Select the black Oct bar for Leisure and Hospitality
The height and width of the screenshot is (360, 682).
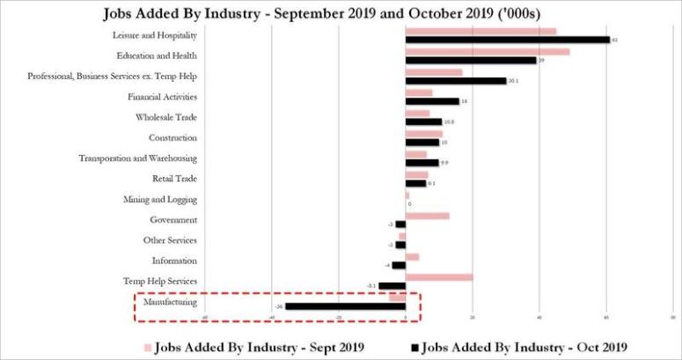pyautogui.click(x=508, y=40)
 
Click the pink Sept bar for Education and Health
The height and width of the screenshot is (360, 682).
pyautogui.click(x=488, y=52)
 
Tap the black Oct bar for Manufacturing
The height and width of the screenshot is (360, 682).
pyautogui.click(x=345, y=306)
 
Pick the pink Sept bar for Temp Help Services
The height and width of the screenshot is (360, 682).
pyautogui.click(x=439, y=276)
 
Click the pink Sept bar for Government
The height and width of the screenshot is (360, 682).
pyautogui.click(x=428, y=216)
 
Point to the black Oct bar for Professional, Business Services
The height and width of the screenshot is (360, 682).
pyautogui.click(x=456, y=81)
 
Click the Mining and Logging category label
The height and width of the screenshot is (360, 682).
pyautogui.click(x=165, y=200)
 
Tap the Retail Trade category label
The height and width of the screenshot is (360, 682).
pyautogui.click(x=174, y=179)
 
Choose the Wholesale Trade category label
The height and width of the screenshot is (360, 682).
pyautogui.click(x=166, y=117)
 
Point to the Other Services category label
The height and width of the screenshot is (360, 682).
pyautogui.click(x=170, y=240)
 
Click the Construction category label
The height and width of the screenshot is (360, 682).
pyautogui.click(x=172, y=137)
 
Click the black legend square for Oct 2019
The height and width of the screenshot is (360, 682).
pyautogui.click(x=414, y=345)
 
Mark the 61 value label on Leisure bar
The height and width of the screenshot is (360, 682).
pyautogui.click(x=615, y=40)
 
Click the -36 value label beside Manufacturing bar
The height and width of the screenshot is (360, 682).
pyautogui.click(x=278, y=306)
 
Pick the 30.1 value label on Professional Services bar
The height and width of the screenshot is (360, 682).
pyautogui.click(x=514, y=81)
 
